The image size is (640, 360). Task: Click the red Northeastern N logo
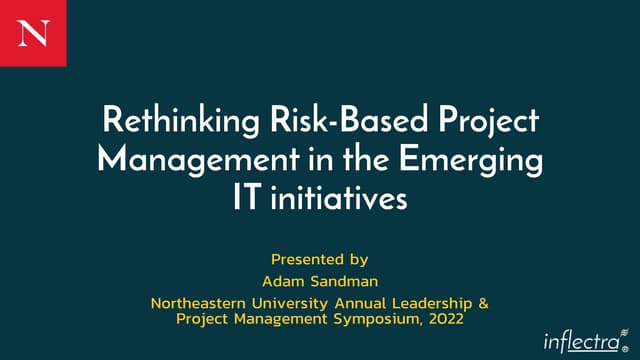click(x=32, y=32)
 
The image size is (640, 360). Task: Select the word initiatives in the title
click(x=339, y=196)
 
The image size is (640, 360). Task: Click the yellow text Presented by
click(x=320, y=258)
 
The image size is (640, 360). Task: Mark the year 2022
click(x=444, y=319)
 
